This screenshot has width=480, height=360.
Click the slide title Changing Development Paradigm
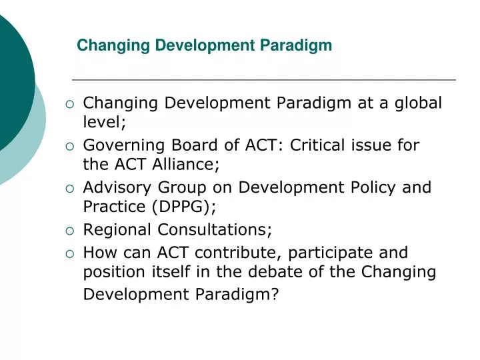pos(204,45)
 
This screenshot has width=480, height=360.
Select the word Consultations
pos(215,230)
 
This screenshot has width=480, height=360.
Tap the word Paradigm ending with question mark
pos(235,295)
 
